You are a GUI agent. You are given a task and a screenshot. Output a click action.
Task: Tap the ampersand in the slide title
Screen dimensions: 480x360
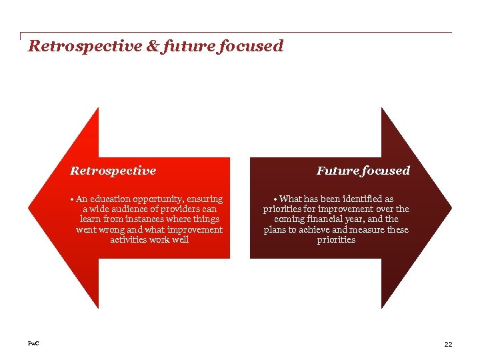pyautogui.click(x=150, y=47)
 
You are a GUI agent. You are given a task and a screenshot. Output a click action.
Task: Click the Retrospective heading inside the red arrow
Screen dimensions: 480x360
pyautogui.click(x=113, y=171)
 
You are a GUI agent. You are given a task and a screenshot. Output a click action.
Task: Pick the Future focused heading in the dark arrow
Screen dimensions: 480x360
pyautogui.click(x=363, y=171)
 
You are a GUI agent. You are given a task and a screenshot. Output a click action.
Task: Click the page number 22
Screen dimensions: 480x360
pyautogui.click(x=448, y=344)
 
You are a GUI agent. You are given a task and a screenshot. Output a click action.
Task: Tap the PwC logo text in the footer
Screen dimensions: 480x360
pyautogui.click(x=33, y=343)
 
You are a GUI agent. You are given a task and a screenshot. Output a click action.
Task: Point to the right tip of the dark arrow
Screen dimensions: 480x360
pyautogui.click(x=451, y=208)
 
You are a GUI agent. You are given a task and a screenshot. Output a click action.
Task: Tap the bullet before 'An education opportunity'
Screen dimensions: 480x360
pyautogui.click(x=73, y=199)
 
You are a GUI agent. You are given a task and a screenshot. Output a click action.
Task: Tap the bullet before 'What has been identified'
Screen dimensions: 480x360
pyautogui.click(x=276, y=199)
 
